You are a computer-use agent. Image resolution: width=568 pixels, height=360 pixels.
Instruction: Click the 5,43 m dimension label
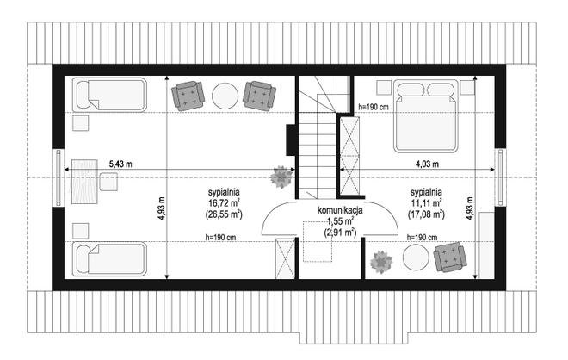tap(120, 164)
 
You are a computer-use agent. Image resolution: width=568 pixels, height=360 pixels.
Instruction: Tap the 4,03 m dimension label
tap(427, 164)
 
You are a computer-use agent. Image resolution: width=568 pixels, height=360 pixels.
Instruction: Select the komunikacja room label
tap(340, 210)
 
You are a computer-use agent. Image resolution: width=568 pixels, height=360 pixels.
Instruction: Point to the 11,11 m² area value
tap(426, 203)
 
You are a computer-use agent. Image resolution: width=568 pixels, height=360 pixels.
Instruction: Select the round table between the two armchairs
tap(225, 96)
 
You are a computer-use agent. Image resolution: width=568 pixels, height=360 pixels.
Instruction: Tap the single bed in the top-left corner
tap(109, 95)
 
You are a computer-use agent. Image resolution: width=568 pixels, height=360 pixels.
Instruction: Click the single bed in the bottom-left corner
tap(109, 259)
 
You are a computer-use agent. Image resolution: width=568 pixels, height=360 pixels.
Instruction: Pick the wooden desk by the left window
tap(84, 181)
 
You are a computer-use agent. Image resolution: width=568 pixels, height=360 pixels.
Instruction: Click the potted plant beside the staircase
tap(281, 177)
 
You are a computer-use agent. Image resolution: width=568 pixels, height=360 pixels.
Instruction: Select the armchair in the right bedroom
tap(450, 257)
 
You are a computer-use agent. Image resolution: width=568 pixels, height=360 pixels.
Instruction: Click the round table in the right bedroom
tap(416, 257)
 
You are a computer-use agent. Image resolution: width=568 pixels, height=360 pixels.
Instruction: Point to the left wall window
tap(59, 177)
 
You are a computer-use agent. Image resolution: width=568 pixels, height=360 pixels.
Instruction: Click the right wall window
tap(500, 177)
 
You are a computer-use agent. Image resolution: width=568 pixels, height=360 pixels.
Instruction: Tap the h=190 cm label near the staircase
tap(374, 107)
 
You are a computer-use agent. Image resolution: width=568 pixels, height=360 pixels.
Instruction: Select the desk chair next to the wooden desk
tap(108, 182)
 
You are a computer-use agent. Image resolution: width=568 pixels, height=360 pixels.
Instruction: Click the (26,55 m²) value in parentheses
tap(224, 214)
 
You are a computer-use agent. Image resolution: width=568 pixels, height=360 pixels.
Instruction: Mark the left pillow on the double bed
tap(411, 90)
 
